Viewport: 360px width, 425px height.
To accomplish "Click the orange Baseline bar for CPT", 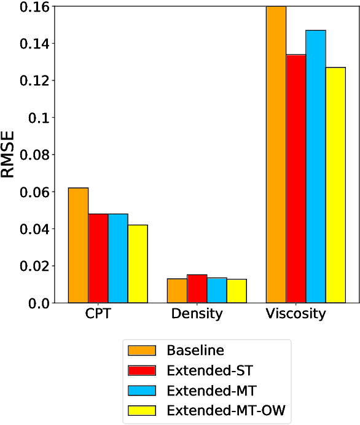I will [78, 245].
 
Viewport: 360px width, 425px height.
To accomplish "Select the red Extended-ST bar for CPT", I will [98, 258].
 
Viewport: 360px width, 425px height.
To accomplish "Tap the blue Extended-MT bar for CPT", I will [118, 258].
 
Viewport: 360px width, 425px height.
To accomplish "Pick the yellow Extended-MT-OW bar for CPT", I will [138, 263].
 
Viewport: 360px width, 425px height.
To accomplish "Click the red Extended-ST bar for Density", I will [197, 289].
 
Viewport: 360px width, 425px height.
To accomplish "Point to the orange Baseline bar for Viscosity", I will [276, 154].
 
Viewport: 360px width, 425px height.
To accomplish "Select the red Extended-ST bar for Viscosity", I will [296, 178].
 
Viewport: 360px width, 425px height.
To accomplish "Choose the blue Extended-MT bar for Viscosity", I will [316, 166].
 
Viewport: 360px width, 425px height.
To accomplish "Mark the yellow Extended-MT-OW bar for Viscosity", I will [335, 185].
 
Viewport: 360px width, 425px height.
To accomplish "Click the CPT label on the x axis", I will [98, 314].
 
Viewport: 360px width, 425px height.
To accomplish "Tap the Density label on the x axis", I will [197, 314].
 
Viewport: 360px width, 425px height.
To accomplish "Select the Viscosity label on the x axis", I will [296, 314].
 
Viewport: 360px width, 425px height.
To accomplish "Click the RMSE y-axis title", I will [9, 154].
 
